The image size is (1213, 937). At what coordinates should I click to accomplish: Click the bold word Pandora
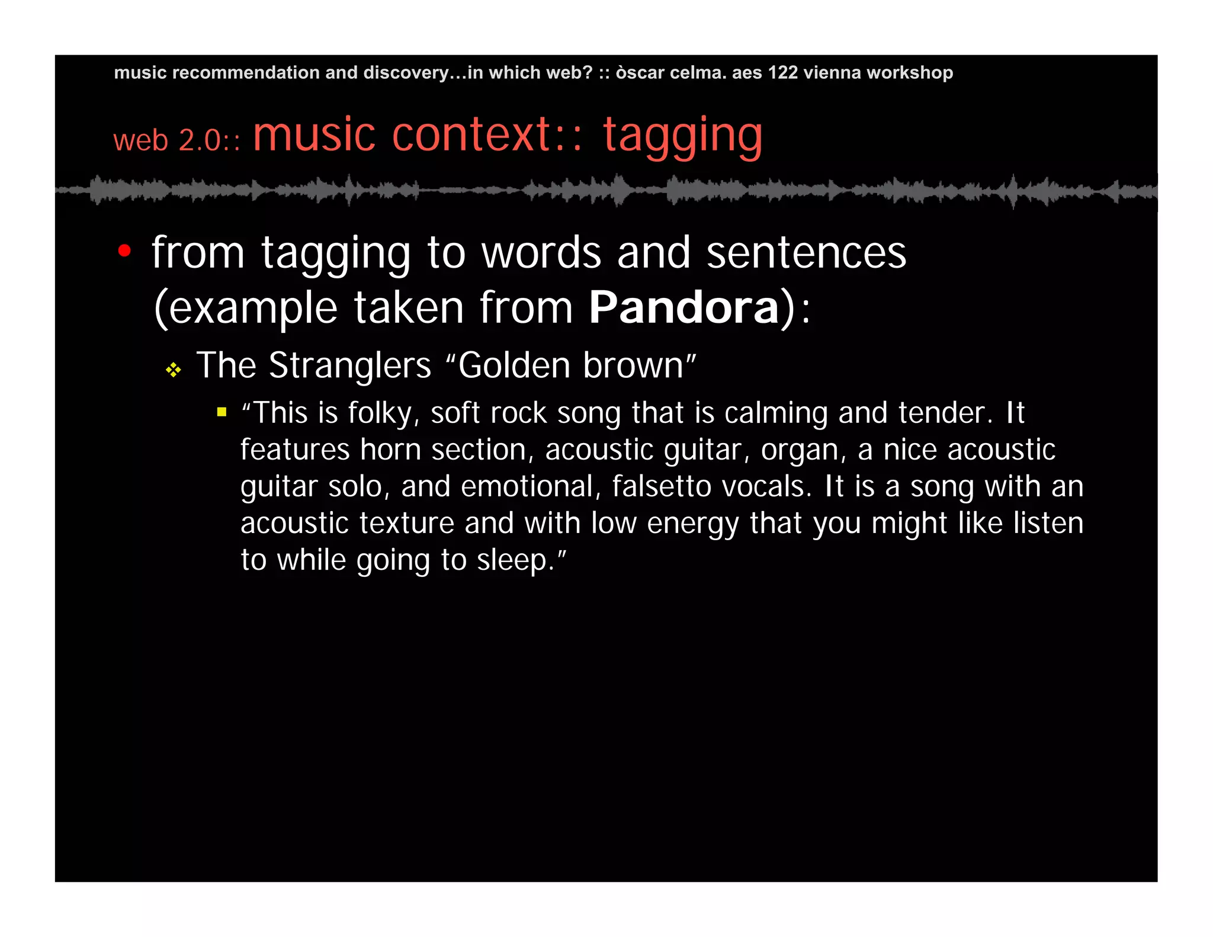coord(683,308)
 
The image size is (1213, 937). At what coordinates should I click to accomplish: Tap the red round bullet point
coord(124,251)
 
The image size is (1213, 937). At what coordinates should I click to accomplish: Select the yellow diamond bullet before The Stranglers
coord(173,370)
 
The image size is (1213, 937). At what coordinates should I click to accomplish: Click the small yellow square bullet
coord(222,412)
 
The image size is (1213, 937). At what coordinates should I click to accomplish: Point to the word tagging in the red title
coord(682,136)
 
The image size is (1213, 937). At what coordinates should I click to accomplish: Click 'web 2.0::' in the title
coord(177,141)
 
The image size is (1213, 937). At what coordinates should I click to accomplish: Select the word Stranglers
coord(350,365)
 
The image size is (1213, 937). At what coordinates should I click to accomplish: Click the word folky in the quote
coord(380,413)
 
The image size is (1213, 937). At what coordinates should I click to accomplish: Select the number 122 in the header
coord(783,73)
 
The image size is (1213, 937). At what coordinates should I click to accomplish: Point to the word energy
coord(692,524)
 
